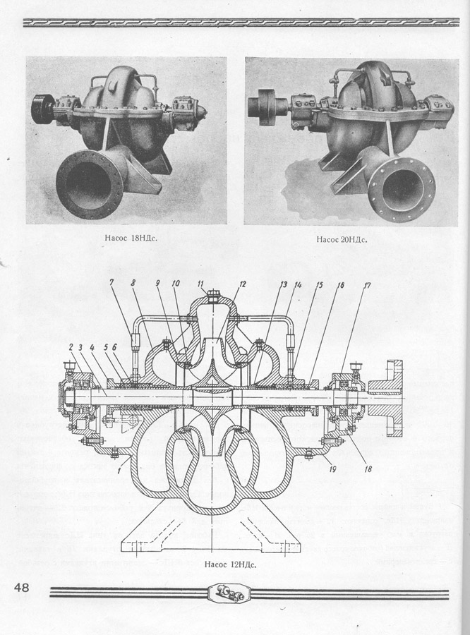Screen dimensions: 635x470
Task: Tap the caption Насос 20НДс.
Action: pos(342,239)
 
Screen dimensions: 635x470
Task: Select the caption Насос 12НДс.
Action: pos(229,564)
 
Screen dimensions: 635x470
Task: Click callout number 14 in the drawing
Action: pos(299,284)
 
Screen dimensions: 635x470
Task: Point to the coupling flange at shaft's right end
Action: pos(394,399)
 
